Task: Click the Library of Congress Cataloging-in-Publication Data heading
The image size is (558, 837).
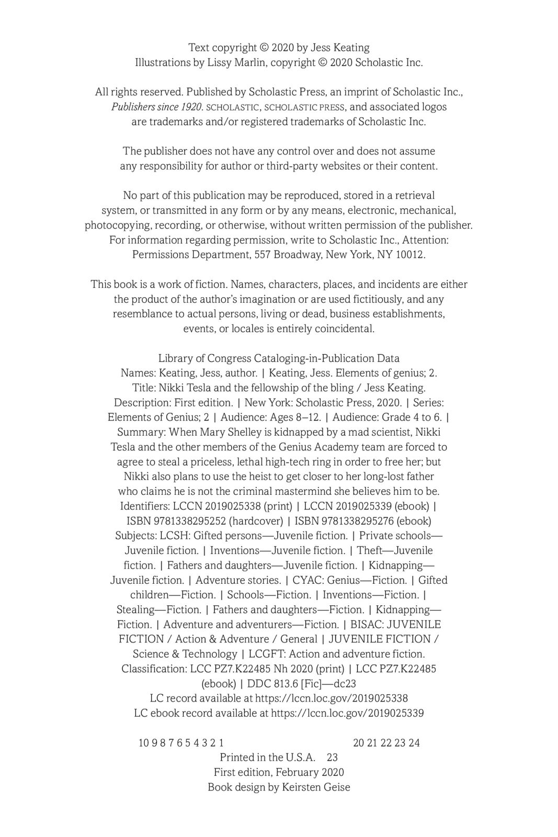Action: (x=279, y=358)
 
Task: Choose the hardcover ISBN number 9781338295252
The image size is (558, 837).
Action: (x=190, y=521)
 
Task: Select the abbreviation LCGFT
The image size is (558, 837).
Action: (x=265, y=653)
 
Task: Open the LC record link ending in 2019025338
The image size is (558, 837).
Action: (x=332, y=698)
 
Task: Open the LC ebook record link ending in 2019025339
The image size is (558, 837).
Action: (x=347, y=712)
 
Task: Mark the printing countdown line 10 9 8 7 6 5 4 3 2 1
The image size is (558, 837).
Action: (x=181, y=742)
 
